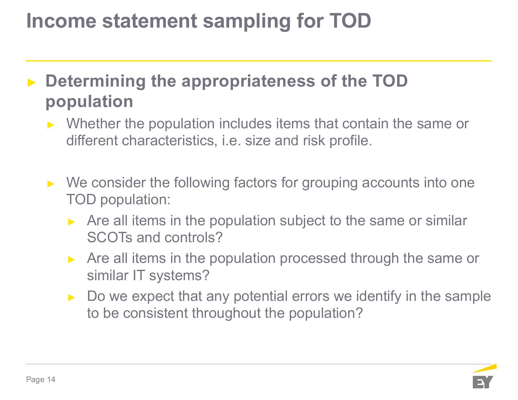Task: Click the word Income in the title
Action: click(x=61, y=21)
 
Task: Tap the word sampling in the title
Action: click(x=246, y=22)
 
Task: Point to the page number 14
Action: click(x=51, y=379)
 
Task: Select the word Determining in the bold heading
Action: click(x=95, y=82)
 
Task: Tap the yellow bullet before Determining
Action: click(x=32, y=83)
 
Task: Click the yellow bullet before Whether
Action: click(x=51, y=125)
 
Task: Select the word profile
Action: click(x=351, y=141)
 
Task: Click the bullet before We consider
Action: click(x=51, y=184)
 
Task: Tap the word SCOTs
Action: click(x=110, y=237)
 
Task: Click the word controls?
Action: click(x=193, y=237)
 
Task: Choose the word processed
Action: click(x=313, y=259)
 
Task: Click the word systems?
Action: click(x=179, y=276)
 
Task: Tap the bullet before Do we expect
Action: click(x=72, y=297)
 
